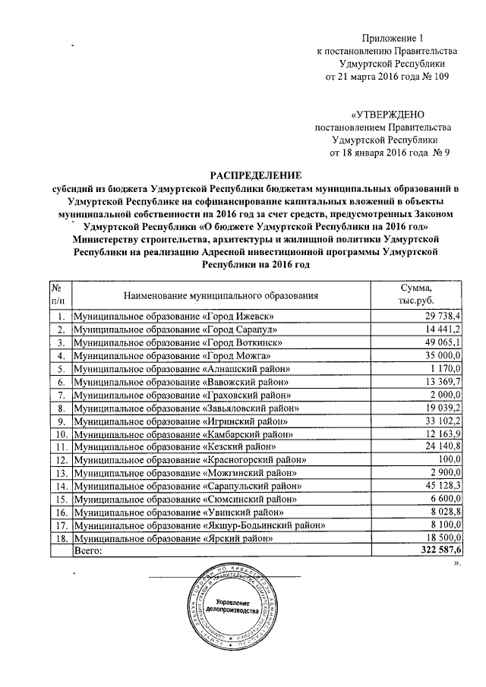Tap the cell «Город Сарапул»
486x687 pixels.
tap(173, 329)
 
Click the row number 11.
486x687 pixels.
tap(60, 445)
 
